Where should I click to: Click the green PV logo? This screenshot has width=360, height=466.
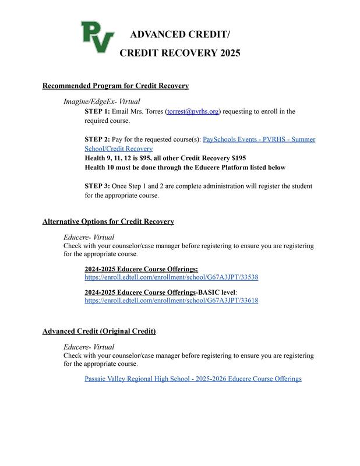[x=97, y=36]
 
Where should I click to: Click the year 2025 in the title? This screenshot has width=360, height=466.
[x=225, y=53]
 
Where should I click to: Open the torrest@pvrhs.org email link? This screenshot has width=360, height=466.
[x=193, y=111]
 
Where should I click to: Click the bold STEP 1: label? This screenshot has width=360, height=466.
[x=97, y=111]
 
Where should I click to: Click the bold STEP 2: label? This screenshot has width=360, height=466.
[x=97, y=140]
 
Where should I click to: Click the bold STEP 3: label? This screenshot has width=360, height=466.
[x=97, y=186]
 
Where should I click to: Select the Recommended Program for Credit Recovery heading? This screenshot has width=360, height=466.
[x=115, y=86]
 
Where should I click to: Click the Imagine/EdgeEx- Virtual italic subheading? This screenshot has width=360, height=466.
[x=101, y=102]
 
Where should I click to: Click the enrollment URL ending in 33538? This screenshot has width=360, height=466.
[x=171, y=277]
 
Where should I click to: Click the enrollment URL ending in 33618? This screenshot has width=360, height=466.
[x=171, y=301]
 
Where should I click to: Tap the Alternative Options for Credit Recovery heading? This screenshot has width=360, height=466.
[x=108, y=222]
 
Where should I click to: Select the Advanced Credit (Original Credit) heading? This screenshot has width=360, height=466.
[x=99, y=331]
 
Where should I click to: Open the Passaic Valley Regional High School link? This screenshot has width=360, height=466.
[x=193, y=379]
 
